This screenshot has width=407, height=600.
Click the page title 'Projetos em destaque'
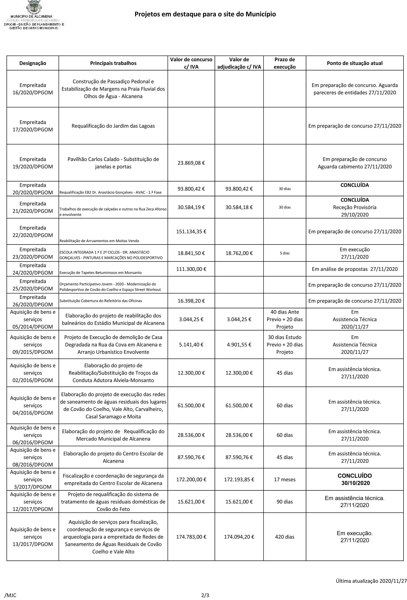205,14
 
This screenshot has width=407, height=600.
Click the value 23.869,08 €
191,163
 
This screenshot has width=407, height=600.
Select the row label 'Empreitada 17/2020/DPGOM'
33,126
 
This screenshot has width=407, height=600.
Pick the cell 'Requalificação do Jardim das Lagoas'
113,126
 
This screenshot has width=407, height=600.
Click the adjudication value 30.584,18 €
239,207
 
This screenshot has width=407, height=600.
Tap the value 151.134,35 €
191,232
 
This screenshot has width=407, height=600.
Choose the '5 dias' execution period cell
285,253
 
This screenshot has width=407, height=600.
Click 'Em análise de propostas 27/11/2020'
355,269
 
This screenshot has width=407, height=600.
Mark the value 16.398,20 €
191,301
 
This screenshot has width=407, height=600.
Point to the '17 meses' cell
285,479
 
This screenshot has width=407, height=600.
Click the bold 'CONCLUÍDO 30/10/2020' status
355,479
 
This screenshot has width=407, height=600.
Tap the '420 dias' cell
285,537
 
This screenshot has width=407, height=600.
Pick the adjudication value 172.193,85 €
239,479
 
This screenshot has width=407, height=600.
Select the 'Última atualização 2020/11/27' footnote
371,581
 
